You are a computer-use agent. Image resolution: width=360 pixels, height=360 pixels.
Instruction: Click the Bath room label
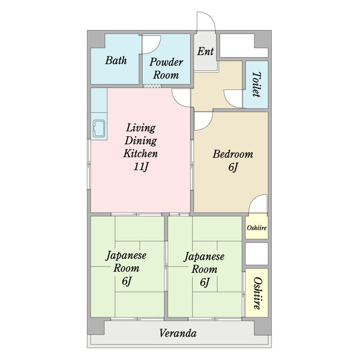pyautogui.click(x=116, y=61)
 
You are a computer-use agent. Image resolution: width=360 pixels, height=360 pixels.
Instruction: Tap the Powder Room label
pyautogui.click(x=166, y=68)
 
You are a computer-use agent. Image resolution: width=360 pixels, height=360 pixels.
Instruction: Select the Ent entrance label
pyautogui.click(x=205, y=51)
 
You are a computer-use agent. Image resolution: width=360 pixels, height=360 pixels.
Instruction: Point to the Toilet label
pyautogui.click(x=256, y=84)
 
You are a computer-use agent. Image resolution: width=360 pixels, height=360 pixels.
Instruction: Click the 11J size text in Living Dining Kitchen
pyautogui.click(x=141, y=167)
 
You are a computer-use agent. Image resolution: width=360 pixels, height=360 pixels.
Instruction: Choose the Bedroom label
pyautogui.click(x=233, y=154)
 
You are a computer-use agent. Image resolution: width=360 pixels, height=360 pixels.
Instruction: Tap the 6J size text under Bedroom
pyautogui.click(x=233, y=167)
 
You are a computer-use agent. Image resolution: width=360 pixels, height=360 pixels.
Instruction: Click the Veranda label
pyautogui.click(x=178, y=333)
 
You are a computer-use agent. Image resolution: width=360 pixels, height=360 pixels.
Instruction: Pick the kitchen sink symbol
pyautogui.click(x=99, y=128)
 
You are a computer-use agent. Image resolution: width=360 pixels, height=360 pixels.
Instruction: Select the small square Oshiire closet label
pyautogui.click(x=257, y=228)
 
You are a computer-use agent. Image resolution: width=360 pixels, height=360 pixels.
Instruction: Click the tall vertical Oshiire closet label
pyautogui.click(x=257, y=293)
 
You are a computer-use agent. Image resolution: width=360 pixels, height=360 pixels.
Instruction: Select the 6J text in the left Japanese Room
pyautogui.click(x=127, y=281)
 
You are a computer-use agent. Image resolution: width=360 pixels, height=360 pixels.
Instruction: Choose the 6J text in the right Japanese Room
pyautogui.click(x=205, y=282)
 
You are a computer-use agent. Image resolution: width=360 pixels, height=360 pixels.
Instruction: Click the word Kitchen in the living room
pyautogui.click(x=140, y=154)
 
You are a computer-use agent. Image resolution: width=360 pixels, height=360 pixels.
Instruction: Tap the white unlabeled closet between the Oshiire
pyautogui.click(x=257, y=254)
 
